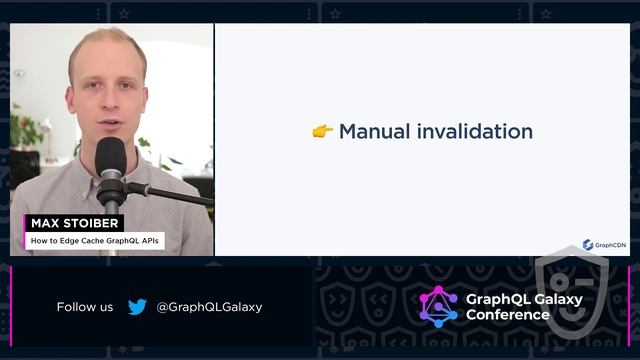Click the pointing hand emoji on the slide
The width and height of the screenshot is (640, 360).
tap(322, 131)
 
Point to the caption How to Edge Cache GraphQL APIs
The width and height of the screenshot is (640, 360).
tap(95, 241)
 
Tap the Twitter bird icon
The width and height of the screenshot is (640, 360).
tap(137, 307)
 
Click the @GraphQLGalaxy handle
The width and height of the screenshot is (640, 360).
tap(209, 307)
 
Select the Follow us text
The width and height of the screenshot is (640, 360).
tap(85, 307)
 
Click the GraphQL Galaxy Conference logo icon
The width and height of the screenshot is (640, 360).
tap(438, 306)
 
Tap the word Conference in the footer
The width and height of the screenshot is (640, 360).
tap(508, 315)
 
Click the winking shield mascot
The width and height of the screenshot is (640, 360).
tap(571, 295)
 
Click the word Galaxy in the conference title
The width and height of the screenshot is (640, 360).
tap(558, 298)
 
